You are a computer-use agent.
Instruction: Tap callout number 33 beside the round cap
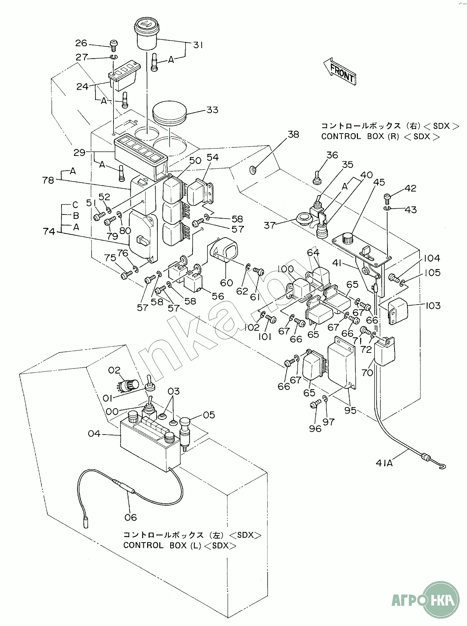tap(212, 110)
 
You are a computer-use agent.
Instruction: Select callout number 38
tap(293, 134)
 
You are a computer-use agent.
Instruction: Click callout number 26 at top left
tap(81, 43)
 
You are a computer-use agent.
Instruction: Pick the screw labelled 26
tap(113, 45)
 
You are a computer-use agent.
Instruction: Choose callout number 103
tap(433, 305)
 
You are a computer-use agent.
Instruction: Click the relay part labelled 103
tap(398, 311)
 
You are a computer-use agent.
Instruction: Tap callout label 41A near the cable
tap(384, 463)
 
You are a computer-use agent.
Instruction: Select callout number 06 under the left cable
tap(130, 517)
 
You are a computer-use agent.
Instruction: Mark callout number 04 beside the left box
tap(94, 434)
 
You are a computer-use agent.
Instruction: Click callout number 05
tap(209, 415)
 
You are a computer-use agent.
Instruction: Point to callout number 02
tap(114, 370)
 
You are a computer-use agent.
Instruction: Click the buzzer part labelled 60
tap(223, 252)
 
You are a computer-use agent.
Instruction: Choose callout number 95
tap(350, 410)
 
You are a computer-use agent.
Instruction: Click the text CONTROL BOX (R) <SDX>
tap(381, 137)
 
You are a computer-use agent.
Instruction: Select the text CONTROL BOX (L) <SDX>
tap(179, 545)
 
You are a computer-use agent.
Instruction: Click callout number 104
tap(432, 258)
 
